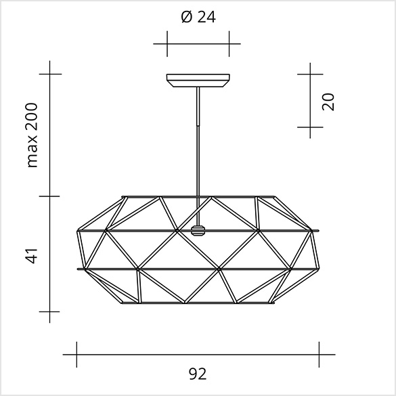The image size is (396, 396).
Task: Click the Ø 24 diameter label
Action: pyautogui.click(x=198, y=17)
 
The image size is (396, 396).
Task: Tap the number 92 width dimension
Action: pyautogui.click(x=198, y=374)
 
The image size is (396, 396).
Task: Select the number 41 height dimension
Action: pyautogui.click(x=32, y=256)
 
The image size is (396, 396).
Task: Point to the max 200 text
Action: pyautogui.click(x=32, y=135)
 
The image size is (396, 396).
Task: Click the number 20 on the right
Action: pyautogui.click(x=328, y=102)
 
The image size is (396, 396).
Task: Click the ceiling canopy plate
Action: pyautogui.click(x=198, y=81)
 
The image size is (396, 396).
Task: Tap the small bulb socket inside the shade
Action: pyautogui.click(x=198, y=231)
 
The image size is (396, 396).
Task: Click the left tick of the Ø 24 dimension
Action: pyautogui.click(x=167, y=44)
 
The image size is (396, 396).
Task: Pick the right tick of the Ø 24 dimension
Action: pyautogui.click(x=229, y=44)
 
